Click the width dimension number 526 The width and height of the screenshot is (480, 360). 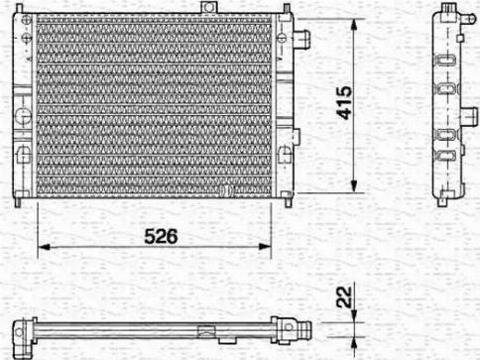(161, 236)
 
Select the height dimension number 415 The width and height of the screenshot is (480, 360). (344, 103)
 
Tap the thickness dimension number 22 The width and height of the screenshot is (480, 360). (344, 297)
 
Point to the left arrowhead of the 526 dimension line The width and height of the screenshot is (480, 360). (44, 247)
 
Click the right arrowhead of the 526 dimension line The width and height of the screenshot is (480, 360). (265, 246)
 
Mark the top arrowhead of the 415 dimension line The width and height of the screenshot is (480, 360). (354, 25)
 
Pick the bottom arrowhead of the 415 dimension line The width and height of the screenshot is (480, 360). (354, 185)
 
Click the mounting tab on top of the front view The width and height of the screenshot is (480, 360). (209, 7)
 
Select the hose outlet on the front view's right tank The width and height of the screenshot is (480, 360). (301, 39)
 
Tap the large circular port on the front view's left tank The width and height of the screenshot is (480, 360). (23, 117)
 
